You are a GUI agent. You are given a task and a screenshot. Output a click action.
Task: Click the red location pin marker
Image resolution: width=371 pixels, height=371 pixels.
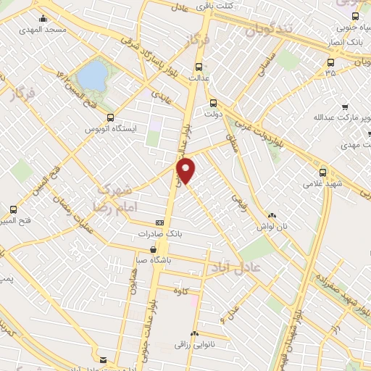[187, 170]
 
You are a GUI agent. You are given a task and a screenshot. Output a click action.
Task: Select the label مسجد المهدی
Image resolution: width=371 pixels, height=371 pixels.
[46, 30]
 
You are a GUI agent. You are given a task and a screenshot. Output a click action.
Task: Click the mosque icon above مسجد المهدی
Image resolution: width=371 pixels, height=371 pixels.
[43, 19]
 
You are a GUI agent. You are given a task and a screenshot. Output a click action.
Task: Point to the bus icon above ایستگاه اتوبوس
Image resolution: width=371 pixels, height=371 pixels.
[110, 117]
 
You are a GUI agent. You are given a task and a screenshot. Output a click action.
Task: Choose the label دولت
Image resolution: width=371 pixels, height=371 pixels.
[212, 114]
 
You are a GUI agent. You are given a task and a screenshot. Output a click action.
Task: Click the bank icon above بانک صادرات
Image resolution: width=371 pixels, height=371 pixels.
[159, 223]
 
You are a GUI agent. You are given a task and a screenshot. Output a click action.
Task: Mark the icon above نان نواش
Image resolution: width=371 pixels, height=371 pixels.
[272, 215]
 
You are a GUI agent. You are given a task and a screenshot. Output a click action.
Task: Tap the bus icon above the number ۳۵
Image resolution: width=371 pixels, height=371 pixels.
[331, 62]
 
